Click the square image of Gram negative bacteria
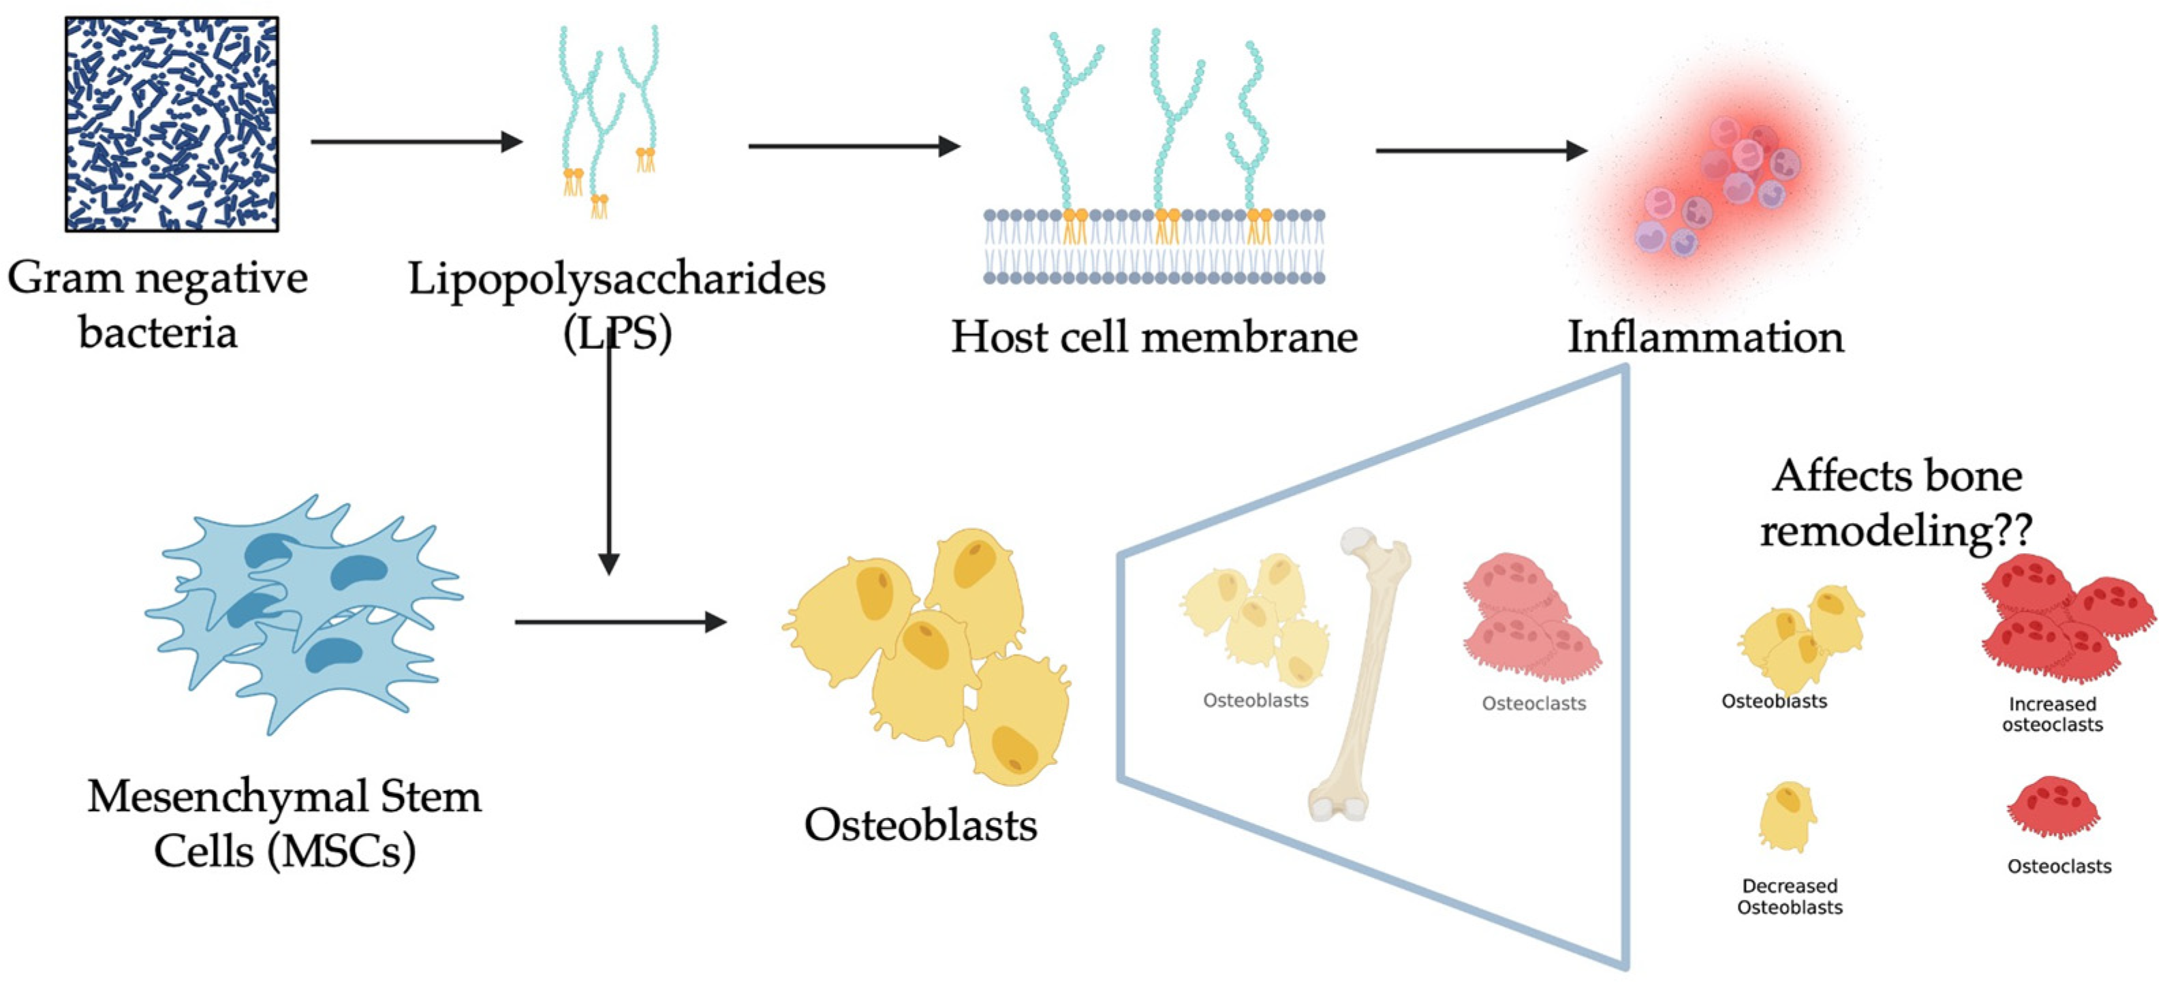172,124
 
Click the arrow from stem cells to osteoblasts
619,622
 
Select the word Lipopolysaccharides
617,279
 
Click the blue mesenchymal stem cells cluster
303,614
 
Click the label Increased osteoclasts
2052,714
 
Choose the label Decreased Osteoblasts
1790,896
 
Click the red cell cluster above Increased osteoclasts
2063,619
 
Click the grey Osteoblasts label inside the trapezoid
1255,700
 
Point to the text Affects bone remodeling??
1897,503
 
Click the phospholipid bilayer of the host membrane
1153,247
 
